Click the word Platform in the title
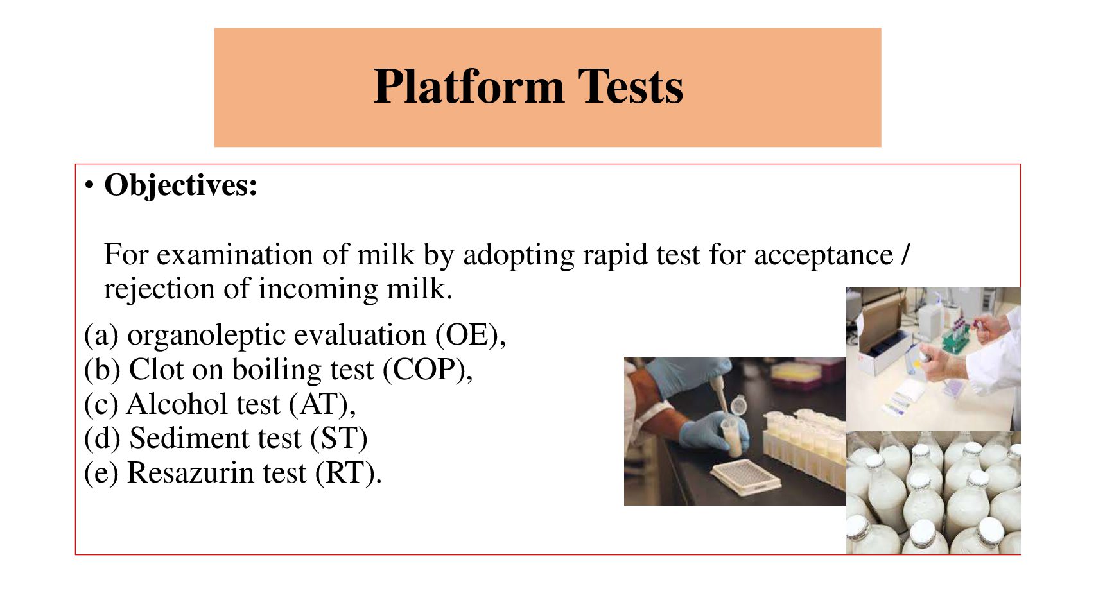[x=469, y=87]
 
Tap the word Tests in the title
[x=631, y=87]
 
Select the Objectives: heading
[x=180, y=186]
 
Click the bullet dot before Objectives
[x=89, y=186]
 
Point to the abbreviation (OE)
[x=465, y=336]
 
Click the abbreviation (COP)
[x=424, y=370]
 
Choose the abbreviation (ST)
[x=338, y=438]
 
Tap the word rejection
[x=159, y=289]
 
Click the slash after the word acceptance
[x=905, y=254]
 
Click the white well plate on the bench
[x=745, y=477]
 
